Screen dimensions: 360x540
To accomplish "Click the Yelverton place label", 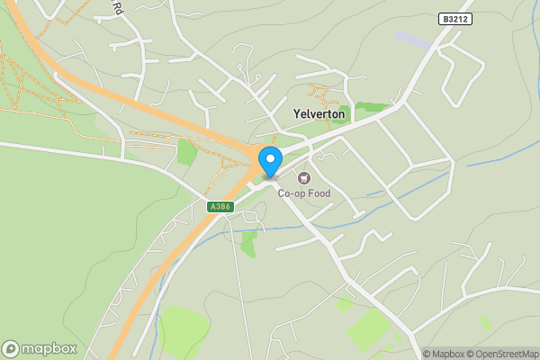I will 319,114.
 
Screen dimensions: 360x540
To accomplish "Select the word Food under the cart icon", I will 318,193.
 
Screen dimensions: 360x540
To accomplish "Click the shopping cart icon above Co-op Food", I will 303,178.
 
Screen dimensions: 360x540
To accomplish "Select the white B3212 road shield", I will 455,19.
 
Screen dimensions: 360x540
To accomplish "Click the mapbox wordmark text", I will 49,349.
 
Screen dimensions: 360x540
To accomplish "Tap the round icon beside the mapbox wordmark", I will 11,349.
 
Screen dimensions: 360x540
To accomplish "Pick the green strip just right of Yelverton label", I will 371,107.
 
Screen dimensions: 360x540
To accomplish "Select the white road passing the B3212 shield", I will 432,54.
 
